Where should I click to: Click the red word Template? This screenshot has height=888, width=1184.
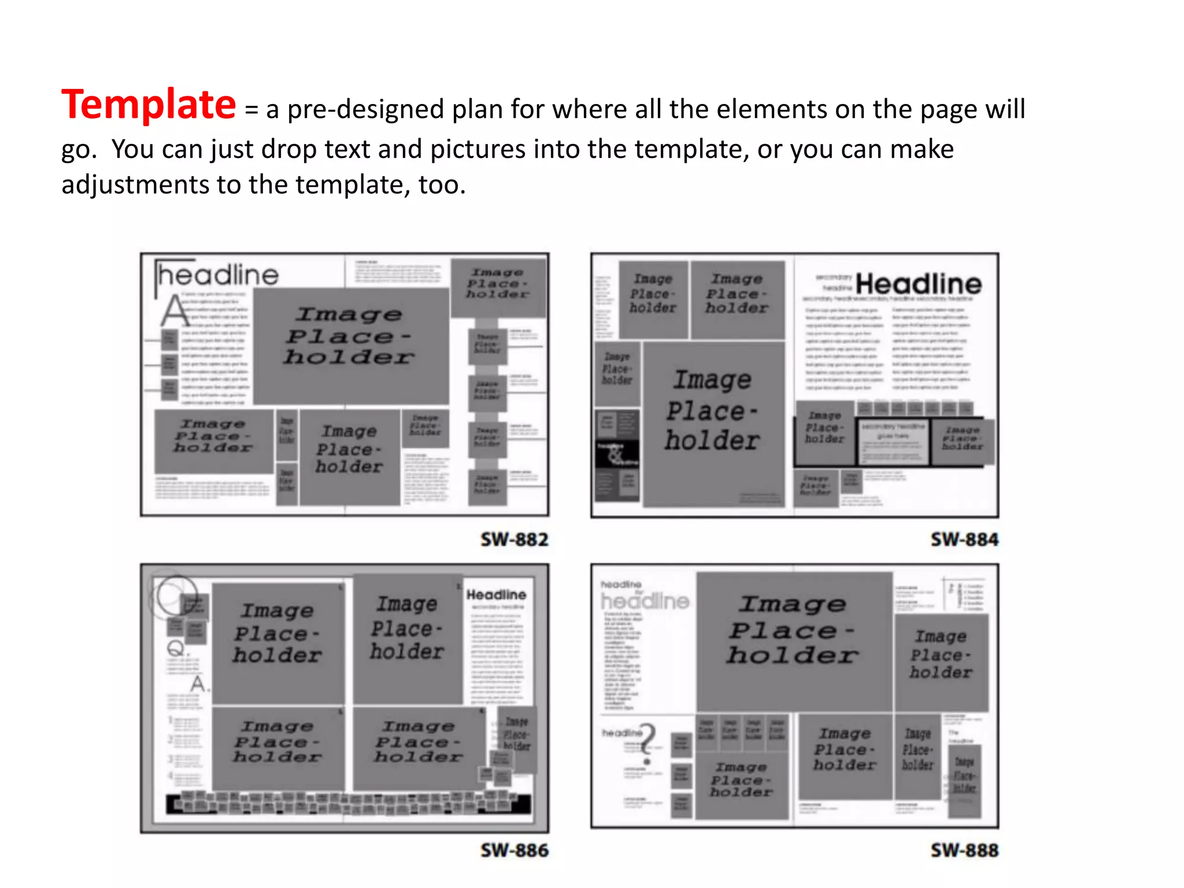pos(149,105)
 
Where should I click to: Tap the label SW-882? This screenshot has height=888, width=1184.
pos(514,539)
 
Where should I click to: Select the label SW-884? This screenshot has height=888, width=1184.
pos(964,539)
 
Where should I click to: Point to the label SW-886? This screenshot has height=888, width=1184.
pos(514,850)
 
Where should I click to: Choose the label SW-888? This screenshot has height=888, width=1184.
pos(964,850)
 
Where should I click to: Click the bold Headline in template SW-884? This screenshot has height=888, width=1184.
pos(918,284)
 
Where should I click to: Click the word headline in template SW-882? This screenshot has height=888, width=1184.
pos(219,275)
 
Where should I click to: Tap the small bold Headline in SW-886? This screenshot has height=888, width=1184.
pos(496,594)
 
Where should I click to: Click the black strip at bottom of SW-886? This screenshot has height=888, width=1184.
pos(349,804)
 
